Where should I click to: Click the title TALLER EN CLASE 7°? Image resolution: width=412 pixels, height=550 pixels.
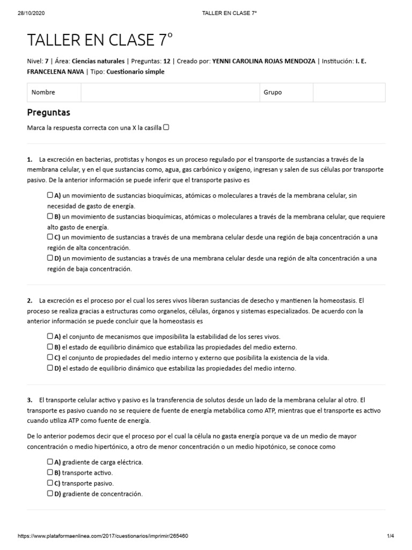coord(100,41)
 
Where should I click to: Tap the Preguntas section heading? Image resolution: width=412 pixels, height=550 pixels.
coord(48,113)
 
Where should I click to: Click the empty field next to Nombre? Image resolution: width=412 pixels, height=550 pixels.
coord(170,92)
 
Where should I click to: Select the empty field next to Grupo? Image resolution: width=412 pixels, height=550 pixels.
coord(349,92)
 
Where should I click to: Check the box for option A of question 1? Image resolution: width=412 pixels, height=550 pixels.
coord(50,196)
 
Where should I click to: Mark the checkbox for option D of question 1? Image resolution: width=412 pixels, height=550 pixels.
coord(50,258)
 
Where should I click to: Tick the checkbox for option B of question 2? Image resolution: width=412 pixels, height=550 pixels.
coord(50,347)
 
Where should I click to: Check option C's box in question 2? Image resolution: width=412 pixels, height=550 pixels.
coord(50,358)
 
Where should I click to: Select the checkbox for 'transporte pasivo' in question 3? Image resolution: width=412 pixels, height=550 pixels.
coord(50,483)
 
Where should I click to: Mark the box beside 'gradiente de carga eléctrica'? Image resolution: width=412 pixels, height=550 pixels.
coord(50,461)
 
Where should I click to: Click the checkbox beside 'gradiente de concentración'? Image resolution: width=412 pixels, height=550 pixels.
coord(50,494)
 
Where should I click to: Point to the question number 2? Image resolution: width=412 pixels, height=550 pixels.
coord(29,300)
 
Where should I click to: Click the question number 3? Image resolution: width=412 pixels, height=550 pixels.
coord(29,400)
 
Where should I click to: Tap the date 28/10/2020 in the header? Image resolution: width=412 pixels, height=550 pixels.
coord(26,5)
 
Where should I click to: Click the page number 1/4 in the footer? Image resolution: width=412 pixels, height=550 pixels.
coord(390,536)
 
